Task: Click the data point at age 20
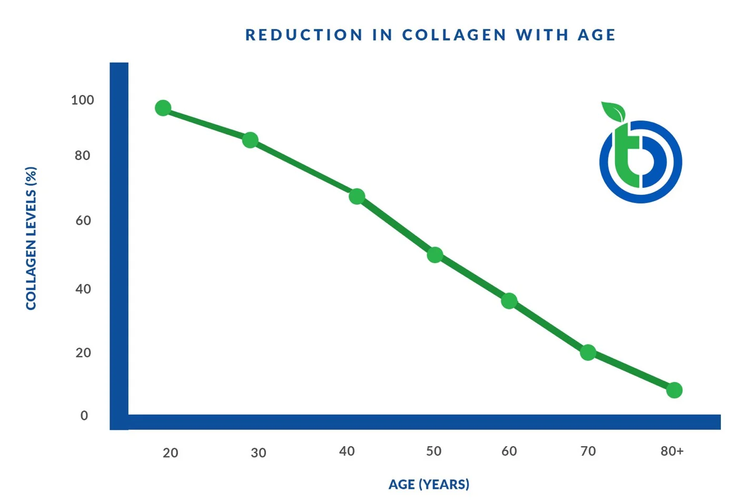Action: click(163, 108)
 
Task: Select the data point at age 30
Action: click(250, 140)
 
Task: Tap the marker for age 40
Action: click(357, 196)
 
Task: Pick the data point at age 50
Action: click(435, 255)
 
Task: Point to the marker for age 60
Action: click(509, 301)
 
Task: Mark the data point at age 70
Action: click(588, 352)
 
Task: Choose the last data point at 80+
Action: click(675, 390)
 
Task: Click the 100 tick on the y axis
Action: click(83, 100)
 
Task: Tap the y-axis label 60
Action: click(83, 220)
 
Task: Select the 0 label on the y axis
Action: click(84, 416)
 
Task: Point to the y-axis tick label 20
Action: click(83, 353)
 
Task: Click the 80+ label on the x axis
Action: click(672, 451)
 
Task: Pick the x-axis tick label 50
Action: click(434, 451)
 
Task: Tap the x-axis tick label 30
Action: click(259, 452)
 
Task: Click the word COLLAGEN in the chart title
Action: click(454, 35)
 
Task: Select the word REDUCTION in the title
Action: click(304, 35)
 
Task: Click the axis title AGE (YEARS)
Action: click(429, 484)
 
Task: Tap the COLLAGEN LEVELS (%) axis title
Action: click(31, 238)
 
